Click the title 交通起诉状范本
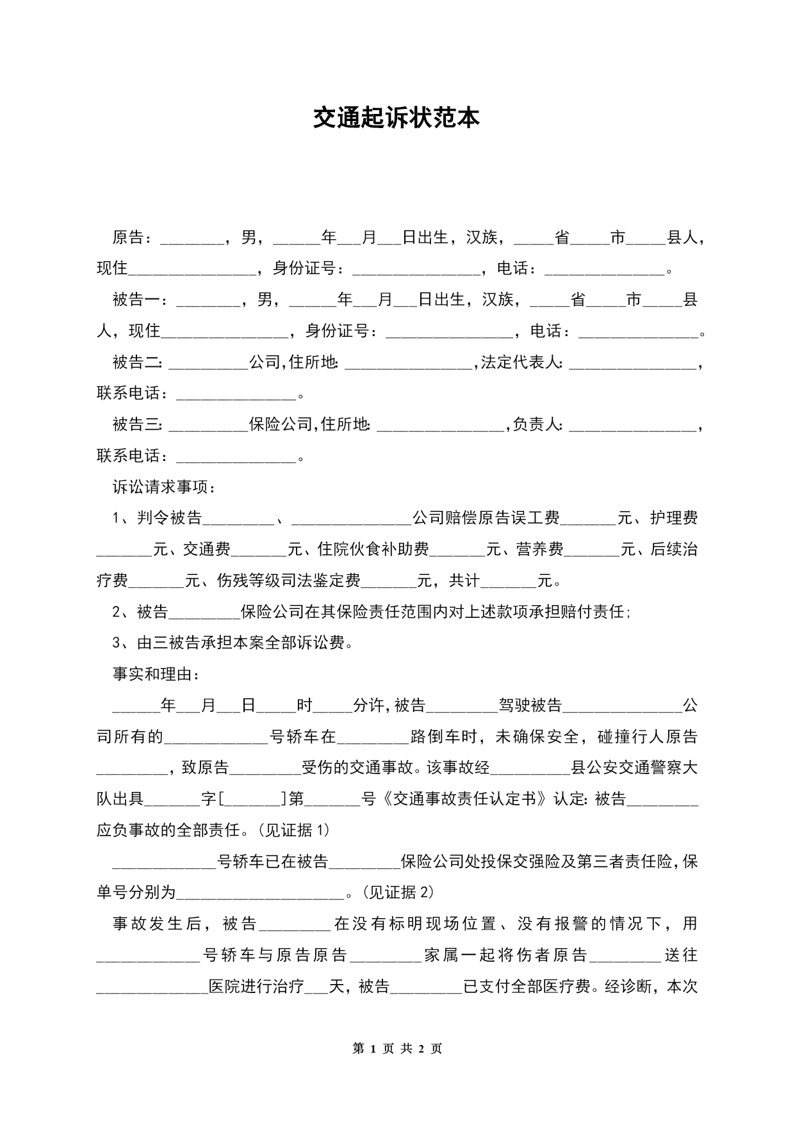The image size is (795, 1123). pos(397,118)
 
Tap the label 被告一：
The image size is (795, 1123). pos(142,300)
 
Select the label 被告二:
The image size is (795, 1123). pos(138,362)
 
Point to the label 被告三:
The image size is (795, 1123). pos(138,424)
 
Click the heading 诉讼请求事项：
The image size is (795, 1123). pos(165,487)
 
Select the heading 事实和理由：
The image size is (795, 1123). pos(157,674)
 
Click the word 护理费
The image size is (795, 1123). pos(674,518)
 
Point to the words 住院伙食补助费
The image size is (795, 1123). pos(373,549)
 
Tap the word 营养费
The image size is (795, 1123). pos(540,549)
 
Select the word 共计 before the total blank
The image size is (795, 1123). pos(464,581)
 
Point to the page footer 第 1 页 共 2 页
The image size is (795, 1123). pos(397,1049)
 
